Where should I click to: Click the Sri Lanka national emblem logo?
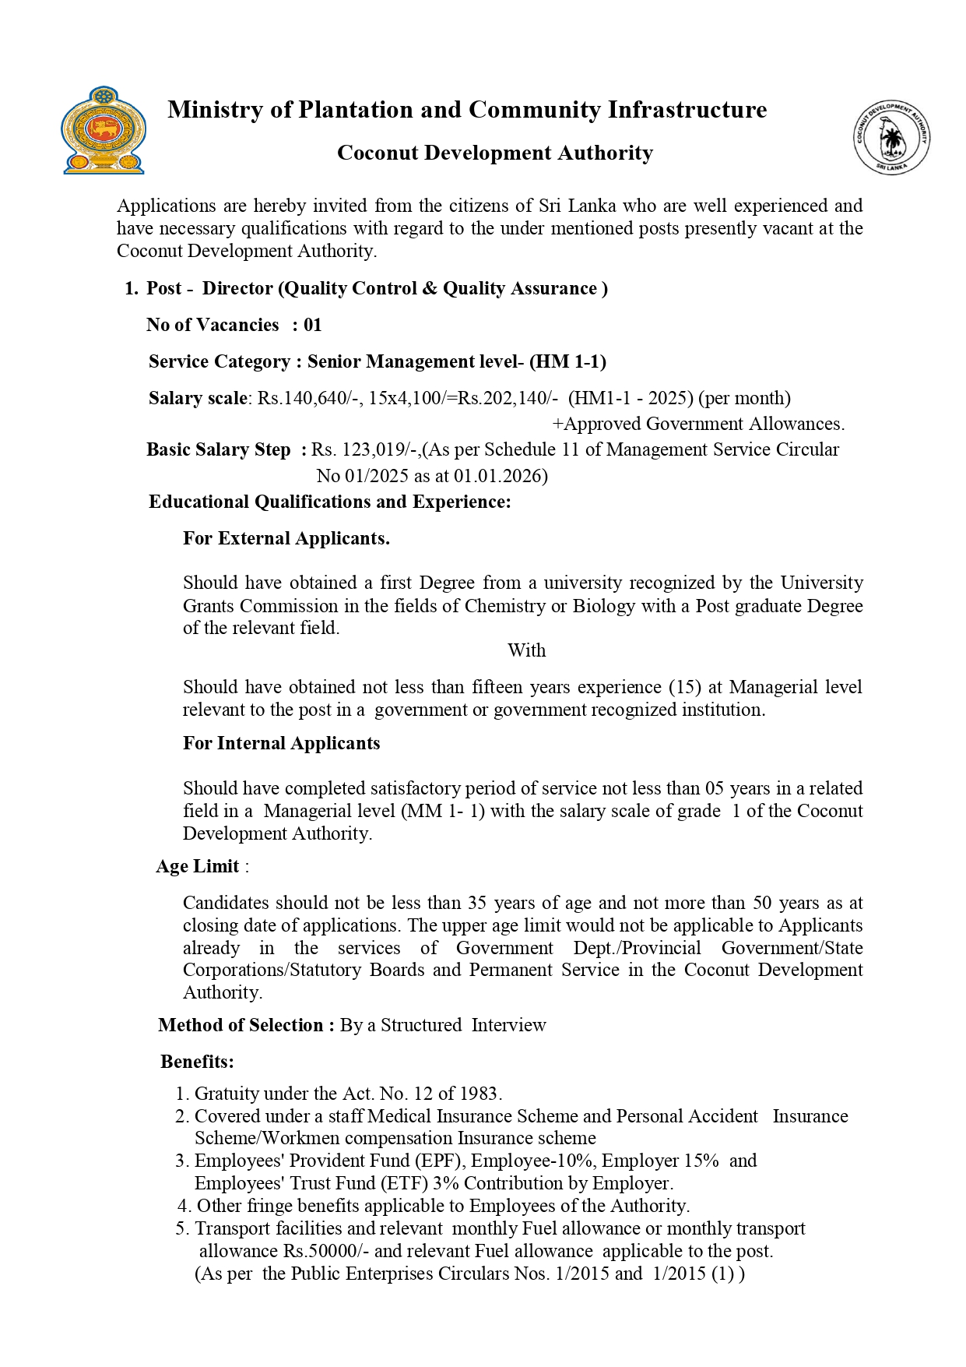pos(103,130)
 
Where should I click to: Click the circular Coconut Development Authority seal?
pos(892,137)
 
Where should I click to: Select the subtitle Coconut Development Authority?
pos(494,153)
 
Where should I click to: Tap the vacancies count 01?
pos(312,325)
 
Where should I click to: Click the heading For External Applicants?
pos(286,538)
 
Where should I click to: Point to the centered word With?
pos(526,650)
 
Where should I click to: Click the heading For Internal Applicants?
pos(281,743)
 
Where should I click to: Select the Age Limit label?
pos(198,866)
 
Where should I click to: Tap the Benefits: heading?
pos(197,1062)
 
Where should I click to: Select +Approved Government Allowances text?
pos(698,424)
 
